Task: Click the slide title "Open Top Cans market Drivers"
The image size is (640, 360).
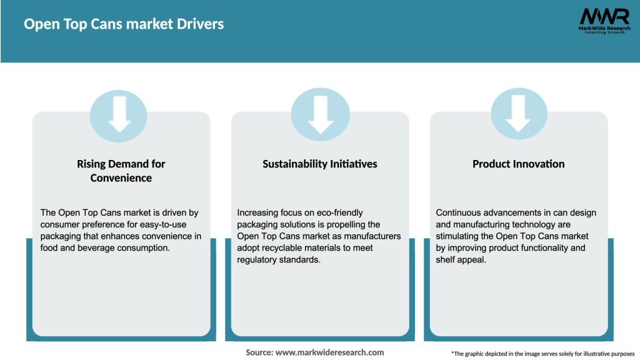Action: [x=124, y=24]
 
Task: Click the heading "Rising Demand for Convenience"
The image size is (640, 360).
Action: [x=121, y=171]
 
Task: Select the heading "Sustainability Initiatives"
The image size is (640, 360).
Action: [x=319, y=164]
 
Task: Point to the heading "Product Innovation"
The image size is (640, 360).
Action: [x=518, y=164]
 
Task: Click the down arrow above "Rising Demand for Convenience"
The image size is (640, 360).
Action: [x=120, y=114]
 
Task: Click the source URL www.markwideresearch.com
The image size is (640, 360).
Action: [x=330, y=352]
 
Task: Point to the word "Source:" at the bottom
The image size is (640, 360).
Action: [x=259, y=352]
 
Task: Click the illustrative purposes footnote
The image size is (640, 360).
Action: [x=542, y=354]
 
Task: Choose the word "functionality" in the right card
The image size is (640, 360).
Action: [x=543, y=247]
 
